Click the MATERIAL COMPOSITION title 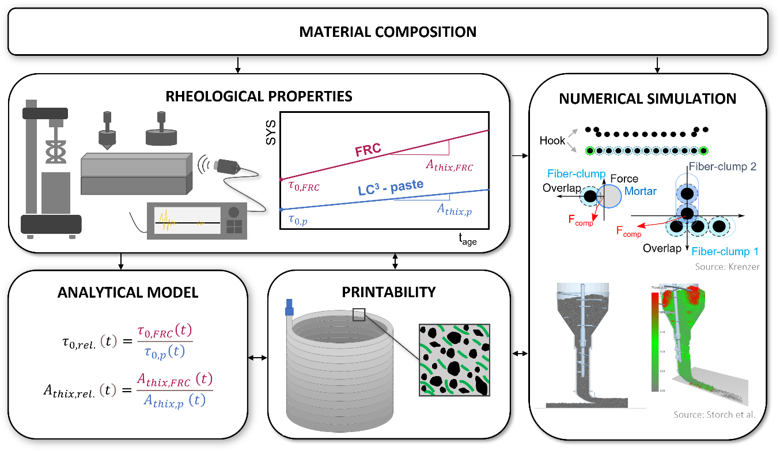[388, 32]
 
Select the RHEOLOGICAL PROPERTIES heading [259, 96]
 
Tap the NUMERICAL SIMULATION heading [648, 99]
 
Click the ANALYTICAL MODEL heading [128, 293]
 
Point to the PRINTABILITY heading [389, 292]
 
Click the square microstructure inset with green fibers [454, 360]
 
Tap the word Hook [552, 141]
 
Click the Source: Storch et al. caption [714, 415]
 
